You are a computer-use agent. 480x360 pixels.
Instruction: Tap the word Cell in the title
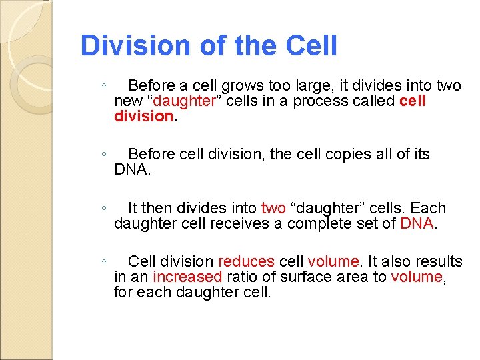point(311,46)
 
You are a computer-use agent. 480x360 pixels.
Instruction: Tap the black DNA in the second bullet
point(132,170)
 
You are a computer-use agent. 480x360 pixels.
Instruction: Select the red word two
point(273,208)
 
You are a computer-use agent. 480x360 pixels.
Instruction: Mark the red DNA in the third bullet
point(417,223)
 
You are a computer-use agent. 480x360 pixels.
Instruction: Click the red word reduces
point(246,261)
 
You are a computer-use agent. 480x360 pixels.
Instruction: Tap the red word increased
point(187,277)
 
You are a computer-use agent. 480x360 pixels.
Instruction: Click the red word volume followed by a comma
point(417,277)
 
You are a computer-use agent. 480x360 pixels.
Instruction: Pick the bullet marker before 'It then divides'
point(104,208)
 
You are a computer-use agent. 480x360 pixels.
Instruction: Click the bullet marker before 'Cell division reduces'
point(104,261)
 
